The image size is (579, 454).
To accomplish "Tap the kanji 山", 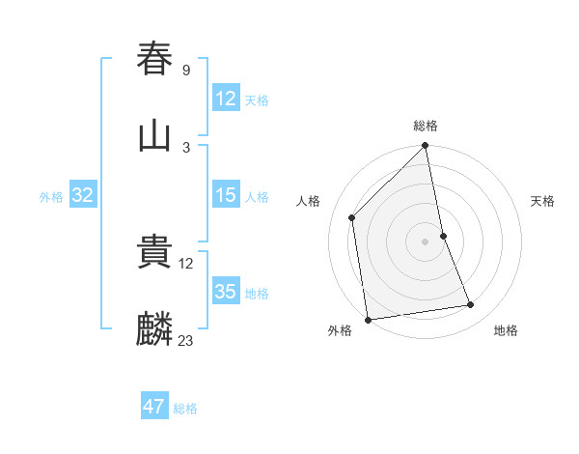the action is pos(155,135).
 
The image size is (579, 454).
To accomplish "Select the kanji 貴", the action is pos(155,252).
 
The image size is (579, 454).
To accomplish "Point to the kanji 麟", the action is pos(155,329).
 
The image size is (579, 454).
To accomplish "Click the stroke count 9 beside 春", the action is pos(185,70).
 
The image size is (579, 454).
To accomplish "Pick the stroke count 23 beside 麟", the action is pos(185,341).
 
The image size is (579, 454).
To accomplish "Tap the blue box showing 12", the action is pos(225,99).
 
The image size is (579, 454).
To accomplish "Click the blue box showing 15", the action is pos(225,195).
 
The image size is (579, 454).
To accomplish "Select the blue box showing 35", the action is pos(225,292).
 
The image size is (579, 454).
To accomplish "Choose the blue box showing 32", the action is pos(83,195).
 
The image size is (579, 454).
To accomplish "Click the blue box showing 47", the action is pos(154,407).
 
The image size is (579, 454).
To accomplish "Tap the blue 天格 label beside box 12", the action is pos(257,100).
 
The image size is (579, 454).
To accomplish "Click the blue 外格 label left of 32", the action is pos(51,197).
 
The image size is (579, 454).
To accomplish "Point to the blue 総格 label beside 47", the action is pos(185,409).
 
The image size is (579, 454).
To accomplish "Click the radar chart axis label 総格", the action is pos(426,126).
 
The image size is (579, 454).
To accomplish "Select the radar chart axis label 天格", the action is pos(542,201).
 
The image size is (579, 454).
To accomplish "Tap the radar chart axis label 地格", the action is pos(506,330).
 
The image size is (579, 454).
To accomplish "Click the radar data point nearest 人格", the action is pos(352,217).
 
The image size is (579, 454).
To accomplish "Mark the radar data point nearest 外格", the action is pos(368,319).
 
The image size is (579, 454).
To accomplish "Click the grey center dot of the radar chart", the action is pos(426,241).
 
